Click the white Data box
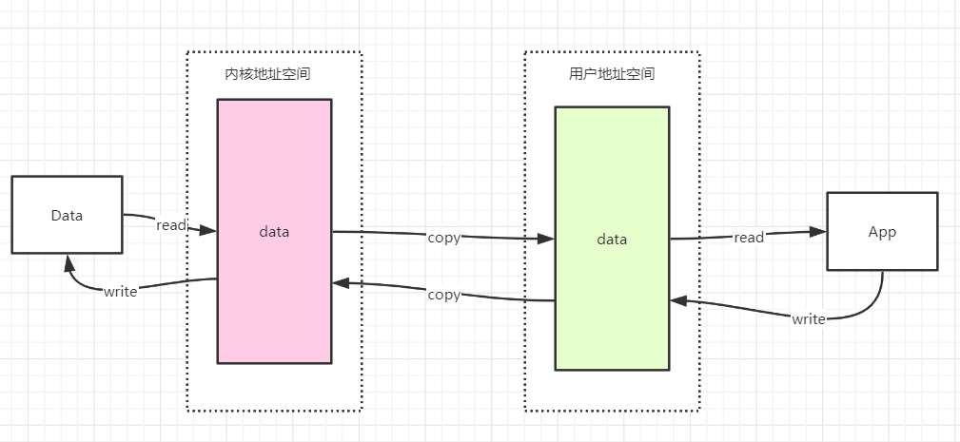tap(68, 215)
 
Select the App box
tap(882, 231)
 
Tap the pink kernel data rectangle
tap(274, 231)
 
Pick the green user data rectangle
tap(612, 239)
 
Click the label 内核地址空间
tap(267, 74)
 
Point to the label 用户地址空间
tap(612, 74)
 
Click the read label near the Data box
tap(171, 225)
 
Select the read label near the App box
tap(749, 238)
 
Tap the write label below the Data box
tap(120, 292)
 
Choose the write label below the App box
tap(808, 319)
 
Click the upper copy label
tap(444, 238)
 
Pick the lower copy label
tap(444, 295)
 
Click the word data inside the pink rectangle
tap(274, 232)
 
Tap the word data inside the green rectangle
tap(612, 239)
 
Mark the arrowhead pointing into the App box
tap(818, 231)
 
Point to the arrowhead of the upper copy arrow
tap(546, 239)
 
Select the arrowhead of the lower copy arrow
tap(341, 283)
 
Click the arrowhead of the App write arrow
tap(679, 300)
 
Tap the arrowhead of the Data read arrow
tap(208, 230)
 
